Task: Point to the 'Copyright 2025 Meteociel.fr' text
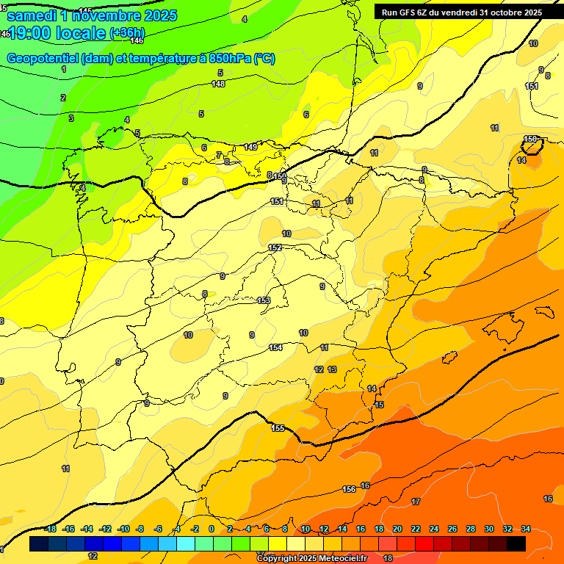click(x=311, y=559)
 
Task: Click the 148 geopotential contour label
click(x=218, y=84)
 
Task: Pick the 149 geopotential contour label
click(x=250, y=148)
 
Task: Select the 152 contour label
click(x=275, y=247)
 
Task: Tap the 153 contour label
click(x=264, y=300)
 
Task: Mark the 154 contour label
click(x=275, y=347)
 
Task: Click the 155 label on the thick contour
click(x=278, y=428)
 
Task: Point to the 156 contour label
click(x=349, y=489)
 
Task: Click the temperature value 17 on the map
click(x=416, y=502)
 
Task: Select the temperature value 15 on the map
click(x=379, y=405)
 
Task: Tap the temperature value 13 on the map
click(x=332, y=369)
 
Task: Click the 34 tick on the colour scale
click(x=527, y=529)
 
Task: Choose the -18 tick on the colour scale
click(x=51, y=529)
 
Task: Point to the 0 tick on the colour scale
click(x=211, y=529)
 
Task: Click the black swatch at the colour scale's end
click(x=516, y=543)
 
